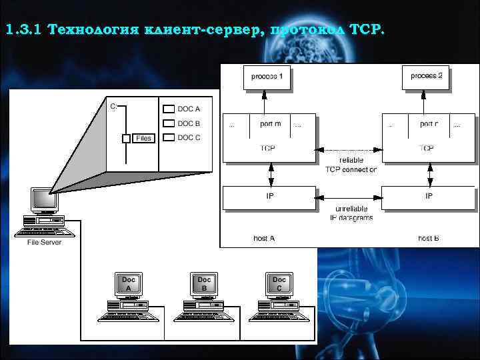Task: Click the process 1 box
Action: pyautogui.click(x=267, y=77)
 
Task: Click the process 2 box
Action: pyautogui.click(x=426, y=77)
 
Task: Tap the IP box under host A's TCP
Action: pyautogui.click(x=269, y=197)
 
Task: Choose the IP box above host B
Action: pyautogui.click(x=428, y=197)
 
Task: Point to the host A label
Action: pyautogui.click(x=264, y=238)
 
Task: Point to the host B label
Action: pyautogui.click(x=429, y=238)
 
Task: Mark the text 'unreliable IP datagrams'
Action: pyautogui.click(x=351, y=213)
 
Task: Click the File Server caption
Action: pyautogui.click(x=44, y=242)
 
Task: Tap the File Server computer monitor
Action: pyautogui.click(x=44, y=199)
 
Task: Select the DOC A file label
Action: pyautogui.click(x=189, y=109)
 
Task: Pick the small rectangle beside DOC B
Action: pyautogui.click(x=169, y=123)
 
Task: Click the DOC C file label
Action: pyautogui.click(x=189, y=137)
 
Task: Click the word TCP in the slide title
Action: pyautogui.click(x=366, y=30)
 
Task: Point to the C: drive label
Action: pyautogui.click(x=113, y=106)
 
